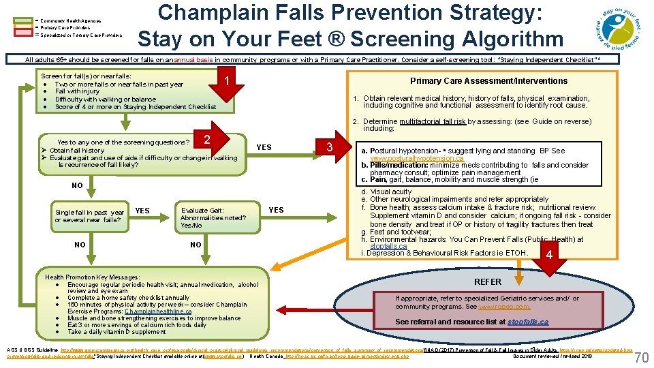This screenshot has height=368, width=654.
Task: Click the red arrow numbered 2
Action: (x=206, y=138)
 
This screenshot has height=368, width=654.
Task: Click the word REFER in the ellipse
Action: (x=487, y=281)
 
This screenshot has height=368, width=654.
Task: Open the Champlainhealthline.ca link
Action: (x=158, y=311)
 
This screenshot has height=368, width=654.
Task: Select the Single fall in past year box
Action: (x=89, y=216)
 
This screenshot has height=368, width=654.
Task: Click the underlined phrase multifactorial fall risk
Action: (x=432, y=121)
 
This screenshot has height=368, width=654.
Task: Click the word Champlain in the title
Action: (x=221, y=14)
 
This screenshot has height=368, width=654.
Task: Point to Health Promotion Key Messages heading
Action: (x=92, y=277)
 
